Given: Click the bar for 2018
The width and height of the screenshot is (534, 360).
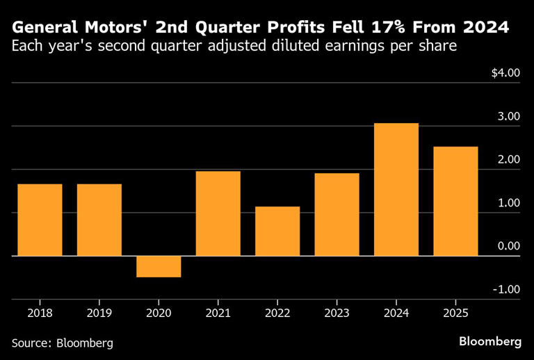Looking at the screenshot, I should [40, 220].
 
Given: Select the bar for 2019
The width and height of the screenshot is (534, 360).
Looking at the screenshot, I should [99, 220].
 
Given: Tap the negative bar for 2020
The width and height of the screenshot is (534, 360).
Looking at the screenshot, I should [159, 266].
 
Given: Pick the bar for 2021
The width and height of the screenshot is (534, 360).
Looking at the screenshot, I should [218, 213].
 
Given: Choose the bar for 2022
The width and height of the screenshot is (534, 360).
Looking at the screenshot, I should [277, 231].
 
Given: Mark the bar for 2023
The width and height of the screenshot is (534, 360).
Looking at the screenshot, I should [337, 214].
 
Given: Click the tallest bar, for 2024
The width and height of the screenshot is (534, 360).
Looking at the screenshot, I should [396, 189].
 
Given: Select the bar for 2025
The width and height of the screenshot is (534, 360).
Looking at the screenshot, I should [455, 201].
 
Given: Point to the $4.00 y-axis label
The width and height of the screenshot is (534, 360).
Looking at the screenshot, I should [505, 73].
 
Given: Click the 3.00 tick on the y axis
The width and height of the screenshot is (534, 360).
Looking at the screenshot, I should [508, 116].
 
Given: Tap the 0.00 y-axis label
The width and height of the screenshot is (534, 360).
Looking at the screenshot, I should [508, 246].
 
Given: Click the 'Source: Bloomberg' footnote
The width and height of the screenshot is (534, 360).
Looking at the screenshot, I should [62, 343].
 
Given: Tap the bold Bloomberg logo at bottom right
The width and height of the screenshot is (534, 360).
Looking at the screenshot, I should [490, 341].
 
